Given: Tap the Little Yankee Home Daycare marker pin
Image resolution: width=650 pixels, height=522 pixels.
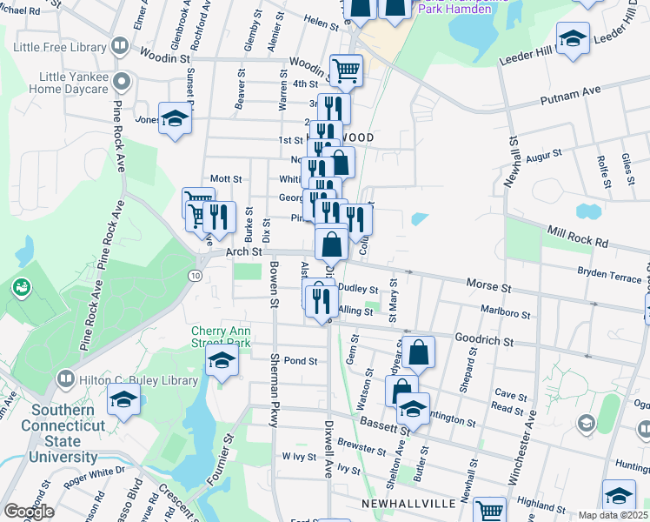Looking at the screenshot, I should pos(122,83).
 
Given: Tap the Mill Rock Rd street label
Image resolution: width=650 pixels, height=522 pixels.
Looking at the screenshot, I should pos(577,231).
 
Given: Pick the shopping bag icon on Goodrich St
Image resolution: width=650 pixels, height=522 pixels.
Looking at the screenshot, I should pos(418,351).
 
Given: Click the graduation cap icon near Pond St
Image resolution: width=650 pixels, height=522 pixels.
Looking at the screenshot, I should pos(222,362).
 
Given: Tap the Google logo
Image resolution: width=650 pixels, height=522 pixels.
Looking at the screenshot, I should pos(29,512).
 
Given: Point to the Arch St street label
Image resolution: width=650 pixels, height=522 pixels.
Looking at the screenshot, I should pos(244,251).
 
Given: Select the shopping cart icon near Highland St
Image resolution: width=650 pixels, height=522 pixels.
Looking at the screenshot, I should pos(490,511).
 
